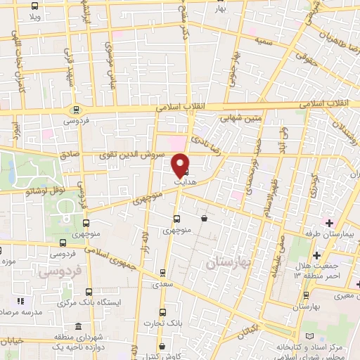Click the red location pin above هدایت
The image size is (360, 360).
[x=181, y=164]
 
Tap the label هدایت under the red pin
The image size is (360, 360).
[x=181, y=181]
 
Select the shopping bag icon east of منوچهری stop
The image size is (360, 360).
[x=204, y=219]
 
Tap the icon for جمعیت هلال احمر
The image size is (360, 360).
[x=316, y=255]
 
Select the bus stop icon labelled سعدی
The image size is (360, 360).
[x=163, y=272]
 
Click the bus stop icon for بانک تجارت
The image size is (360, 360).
[x=162, y=313]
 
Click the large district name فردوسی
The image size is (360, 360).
[x=60, y=269]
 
